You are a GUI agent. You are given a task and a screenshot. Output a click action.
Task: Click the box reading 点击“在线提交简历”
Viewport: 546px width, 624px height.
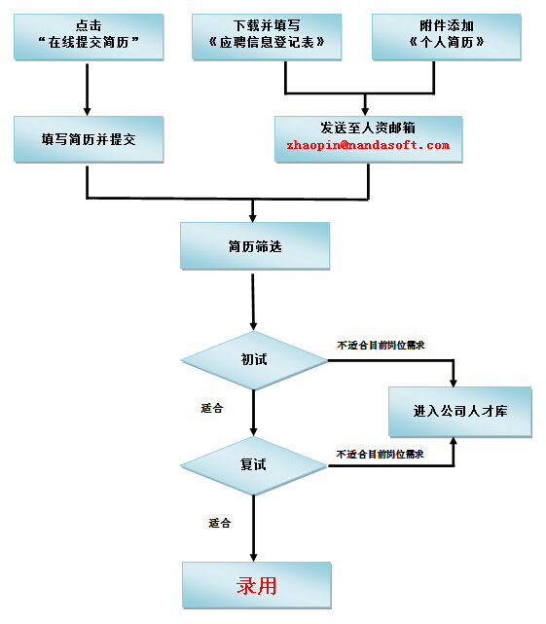89,37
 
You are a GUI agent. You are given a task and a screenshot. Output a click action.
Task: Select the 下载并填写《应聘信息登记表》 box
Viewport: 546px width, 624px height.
267,37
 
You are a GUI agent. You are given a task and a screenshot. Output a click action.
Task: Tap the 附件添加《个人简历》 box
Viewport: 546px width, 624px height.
447,37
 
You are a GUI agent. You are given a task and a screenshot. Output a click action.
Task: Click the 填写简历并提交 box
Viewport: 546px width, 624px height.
89,139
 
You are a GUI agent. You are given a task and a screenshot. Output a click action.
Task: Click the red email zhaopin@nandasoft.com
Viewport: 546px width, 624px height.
368,145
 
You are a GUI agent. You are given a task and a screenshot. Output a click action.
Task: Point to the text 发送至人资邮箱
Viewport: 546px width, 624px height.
368,128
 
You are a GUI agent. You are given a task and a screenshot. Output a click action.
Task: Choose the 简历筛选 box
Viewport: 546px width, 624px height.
255,246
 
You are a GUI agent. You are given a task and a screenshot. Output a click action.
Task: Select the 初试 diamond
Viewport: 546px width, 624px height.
254,360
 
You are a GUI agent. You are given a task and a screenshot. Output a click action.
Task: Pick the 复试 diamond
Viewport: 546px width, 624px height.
254,465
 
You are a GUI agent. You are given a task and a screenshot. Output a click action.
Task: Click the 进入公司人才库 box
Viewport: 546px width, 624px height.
460,412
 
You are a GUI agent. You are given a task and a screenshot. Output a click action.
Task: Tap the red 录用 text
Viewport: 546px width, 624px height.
257,585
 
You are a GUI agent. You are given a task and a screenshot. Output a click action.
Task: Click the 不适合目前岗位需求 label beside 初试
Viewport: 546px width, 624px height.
381,345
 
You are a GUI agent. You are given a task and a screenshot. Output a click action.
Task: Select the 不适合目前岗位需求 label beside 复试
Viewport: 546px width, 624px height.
380,454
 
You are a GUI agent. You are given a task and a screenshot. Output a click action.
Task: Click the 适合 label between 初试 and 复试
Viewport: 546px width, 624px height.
212,408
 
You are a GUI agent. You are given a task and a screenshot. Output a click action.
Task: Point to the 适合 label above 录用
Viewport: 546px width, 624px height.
220,523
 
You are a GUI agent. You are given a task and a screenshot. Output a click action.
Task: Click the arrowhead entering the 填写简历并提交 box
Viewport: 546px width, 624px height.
88,111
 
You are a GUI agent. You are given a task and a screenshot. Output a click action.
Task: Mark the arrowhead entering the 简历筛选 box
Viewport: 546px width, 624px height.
253,218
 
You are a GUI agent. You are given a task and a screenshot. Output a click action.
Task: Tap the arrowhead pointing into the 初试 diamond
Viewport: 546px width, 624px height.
253,326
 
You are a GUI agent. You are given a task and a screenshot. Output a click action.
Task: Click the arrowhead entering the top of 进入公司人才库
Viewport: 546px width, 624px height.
454,382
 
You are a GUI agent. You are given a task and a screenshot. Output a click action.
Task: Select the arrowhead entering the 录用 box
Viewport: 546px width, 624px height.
253,557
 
